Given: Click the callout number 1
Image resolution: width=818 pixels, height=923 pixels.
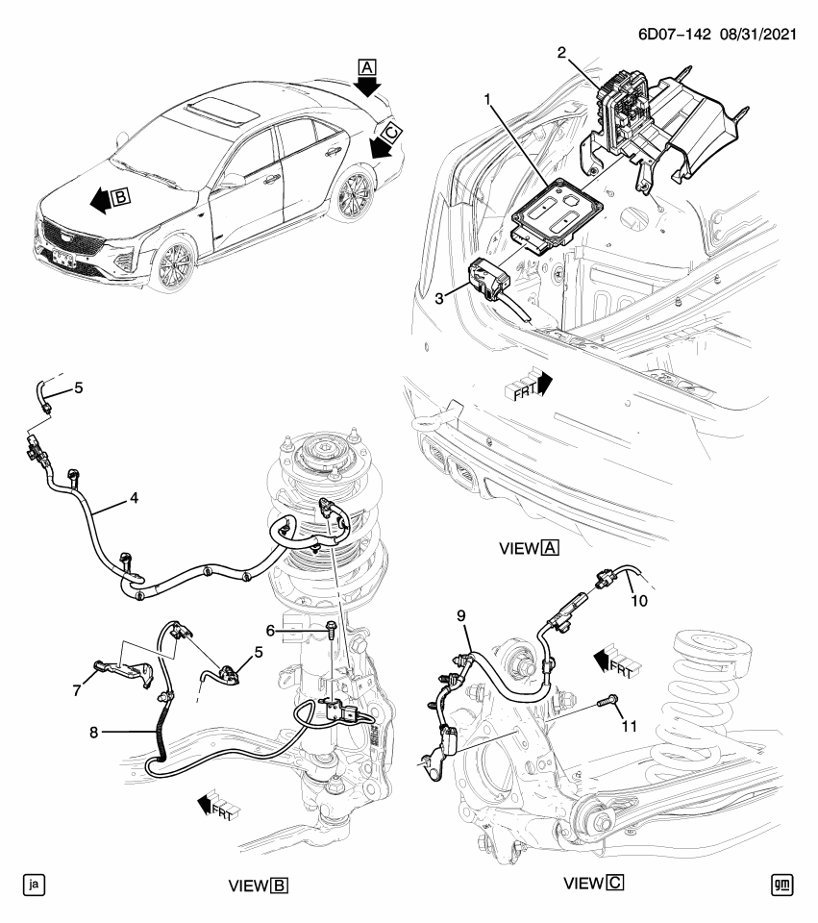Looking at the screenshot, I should (488, 99).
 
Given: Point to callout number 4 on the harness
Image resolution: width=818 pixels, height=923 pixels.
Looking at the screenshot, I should (135, 498).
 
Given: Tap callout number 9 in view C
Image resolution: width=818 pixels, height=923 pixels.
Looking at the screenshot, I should (460, 614).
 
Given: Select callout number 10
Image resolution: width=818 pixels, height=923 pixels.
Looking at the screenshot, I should (639, 602).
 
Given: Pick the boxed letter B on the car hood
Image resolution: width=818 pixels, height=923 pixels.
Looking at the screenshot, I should (120, 198).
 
